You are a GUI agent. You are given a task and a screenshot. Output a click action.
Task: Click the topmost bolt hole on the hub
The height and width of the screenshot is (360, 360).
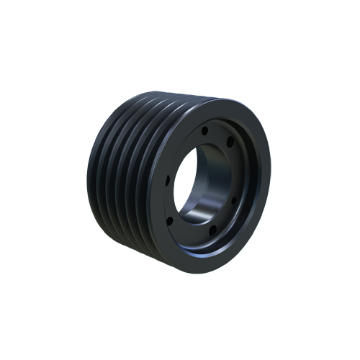[x=204, y=131]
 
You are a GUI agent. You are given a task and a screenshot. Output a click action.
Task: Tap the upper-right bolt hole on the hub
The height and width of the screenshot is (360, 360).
[x=230, y=142]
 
